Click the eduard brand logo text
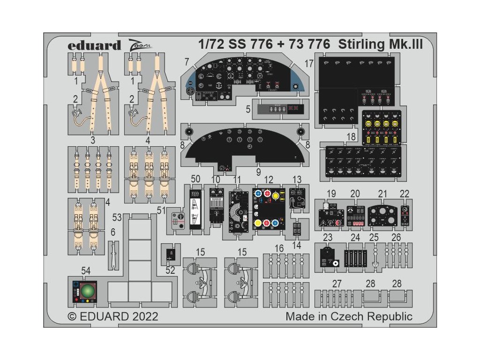[94, 45]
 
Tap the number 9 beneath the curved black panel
[258, 172]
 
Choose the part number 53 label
[117, 217]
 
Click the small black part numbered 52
[170, 254]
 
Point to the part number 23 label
[328, 238]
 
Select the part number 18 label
[351, 136]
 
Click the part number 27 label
[337, 284]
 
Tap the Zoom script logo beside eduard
[139, 45]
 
